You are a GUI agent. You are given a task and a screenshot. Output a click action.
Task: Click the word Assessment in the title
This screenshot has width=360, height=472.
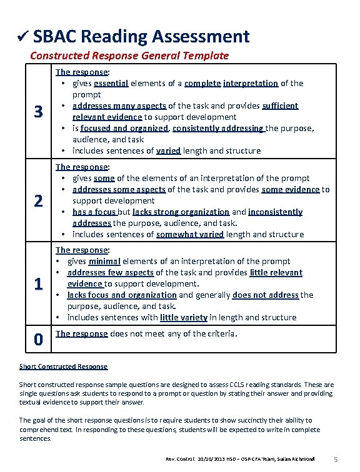[x=201, y=36]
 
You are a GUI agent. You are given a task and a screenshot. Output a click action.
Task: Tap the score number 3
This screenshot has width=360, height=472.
[x=38, y=112]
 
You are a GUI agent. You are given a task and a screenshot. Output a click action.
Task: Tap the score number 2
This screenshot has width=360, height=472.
[x=38, y=201]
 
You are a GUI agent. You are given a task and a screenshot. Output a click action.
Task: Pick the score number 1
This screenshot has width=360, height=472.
[x=38, y=284]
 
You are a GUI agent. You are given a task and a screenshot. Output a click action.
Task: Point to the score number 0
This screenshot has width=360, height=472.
[x=38, y=340]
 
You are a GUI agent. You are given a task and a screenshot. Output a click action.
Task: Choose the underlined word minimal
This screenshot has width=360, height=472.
[x=104, y=261]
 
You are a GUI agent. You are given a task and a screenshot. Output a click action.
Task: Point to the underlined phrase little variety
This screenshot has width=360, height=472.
[x=183, y=317]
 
